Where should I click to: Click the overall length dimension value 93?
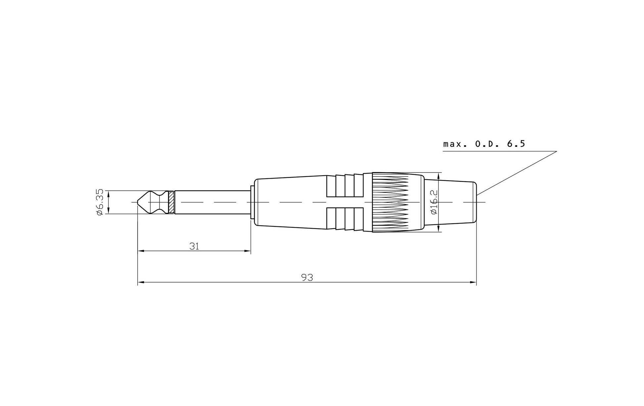pyautogui.click(x=307, y=277)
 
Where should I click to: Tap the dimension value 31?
pyautogui.click(x=194, y=246)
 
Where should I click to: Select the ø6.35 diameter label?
pyautogui.click(x=100, y=202)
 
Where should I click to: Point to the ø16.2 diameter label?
pyautogui.click(x=434, y=202)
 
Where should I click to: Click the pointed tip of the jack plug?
pyautogui.click(x=137, y=202)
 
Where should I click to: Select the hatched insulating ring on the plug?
pyautogui.click(x=171, y=202)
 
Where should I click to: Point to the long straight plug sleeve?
pyautogui.click(x=212, y=202)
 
